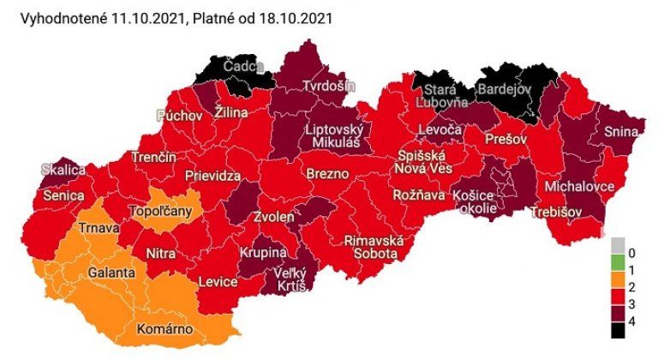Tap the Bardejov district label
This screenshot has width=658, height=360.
pos(504,88)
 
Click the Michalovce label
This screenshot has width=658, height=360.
pos(581,186)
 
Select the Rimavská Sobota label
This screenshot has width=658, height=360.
pos(372,247)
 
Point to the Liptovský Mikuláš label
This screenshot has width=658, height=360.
pos(335,136)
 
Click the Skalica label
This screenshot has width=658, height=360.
pos(63,171)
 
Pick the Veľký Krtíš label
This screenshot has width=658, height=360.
pos(290,279)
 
